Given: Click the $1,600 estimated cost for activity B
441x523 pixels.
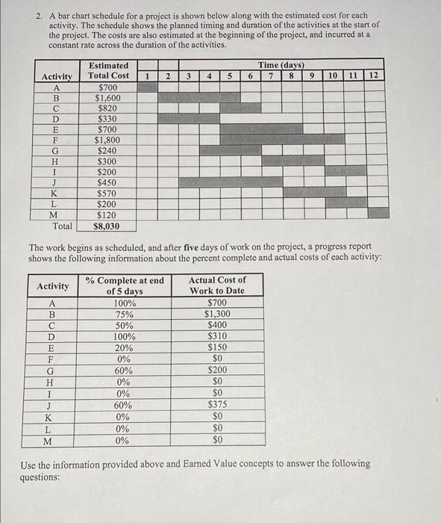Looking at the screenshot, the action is point(108,97).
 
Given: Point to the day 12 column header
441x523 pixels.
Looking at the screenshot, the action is point(374,75).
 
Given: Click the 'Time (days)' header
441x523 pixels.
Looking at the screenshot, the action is point(281,65).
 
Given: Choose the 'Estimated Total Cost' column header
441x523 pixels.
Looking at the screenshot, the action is point(108,70).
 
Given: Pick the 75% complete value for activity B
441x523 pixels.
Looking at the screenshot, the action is point(124,314).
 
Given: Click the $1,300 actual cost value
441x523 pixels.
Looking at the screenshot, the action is point(216,314).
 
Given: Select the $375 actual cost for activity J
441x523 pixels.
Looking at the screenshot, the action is point(216,405).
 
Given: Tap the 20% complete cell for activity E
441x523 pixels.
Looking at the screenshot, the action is point(124,347).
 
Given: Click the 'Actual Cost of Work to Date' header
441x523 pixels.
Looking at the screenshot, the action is point(216,285).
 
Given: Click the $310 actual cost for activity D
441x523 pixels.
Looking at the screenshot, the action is point(216,336).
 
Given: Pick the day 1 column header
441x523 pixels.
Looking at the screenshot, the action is point(148,75).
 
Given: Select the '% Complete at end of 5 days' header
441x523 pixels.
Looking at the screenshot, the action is point(124,285).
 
